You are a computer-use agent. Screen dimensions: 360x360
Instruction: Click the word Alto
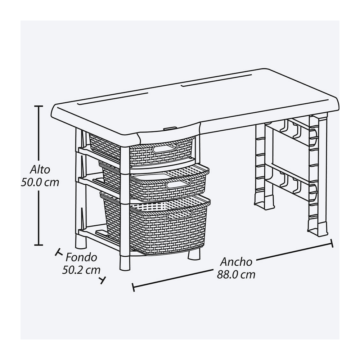(40, 170)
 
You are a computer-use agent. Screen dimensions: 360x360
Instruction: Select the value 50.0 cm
(40, 183)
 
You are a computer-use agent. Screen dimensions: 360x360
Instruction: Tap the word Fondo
(81, 257)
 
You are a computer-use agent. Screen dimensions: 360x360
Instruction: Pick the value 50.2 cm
(81, 270)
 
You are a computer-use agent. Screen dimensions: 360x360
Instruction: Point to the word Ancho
(236, 262)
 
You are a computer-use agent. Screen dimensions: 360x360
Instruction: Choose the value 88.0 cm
(236, 275)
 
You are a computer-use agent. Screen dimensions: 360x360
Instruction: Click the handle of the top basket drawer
(165, 148)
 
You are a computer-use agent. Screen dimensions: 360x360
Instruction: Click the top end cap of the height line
(39, 106)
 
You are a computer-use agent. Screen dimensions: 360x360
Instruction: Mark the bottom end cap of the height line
(39, 245)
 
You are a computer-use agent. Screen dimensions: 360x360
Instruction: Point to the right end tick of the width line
(332, 243)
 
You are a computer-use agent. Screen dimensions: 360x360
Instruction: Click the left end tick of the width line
(133, 287)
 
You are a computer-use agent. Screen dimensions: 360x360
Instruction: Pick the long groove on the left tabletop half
(113, 99)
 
